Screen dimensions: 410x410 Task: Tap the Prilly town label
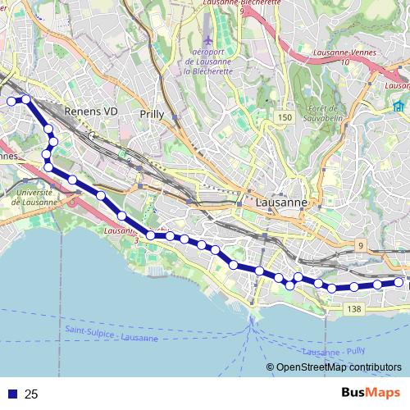(x=153, y=114)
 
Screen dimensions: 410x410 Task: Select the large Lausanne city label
(x=281, y=202)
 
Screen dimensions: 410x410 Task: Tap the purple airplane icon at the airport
(x=208, y=39)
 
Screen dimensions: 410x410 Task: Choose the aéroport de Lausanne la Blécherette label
(x=210, y=61)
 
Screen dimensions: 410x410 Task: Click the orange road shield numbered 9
(x=360, y=245)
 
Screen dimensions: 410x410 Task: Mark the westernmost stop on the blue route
(x=11, y=101)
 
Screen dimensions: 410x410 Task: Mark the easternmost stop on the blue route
(x=399, y=282)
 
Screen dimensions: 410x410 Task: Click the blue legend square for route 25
(x=11, y=394)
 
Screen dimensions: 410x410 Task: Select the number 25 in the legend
(x=32, y=394)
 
